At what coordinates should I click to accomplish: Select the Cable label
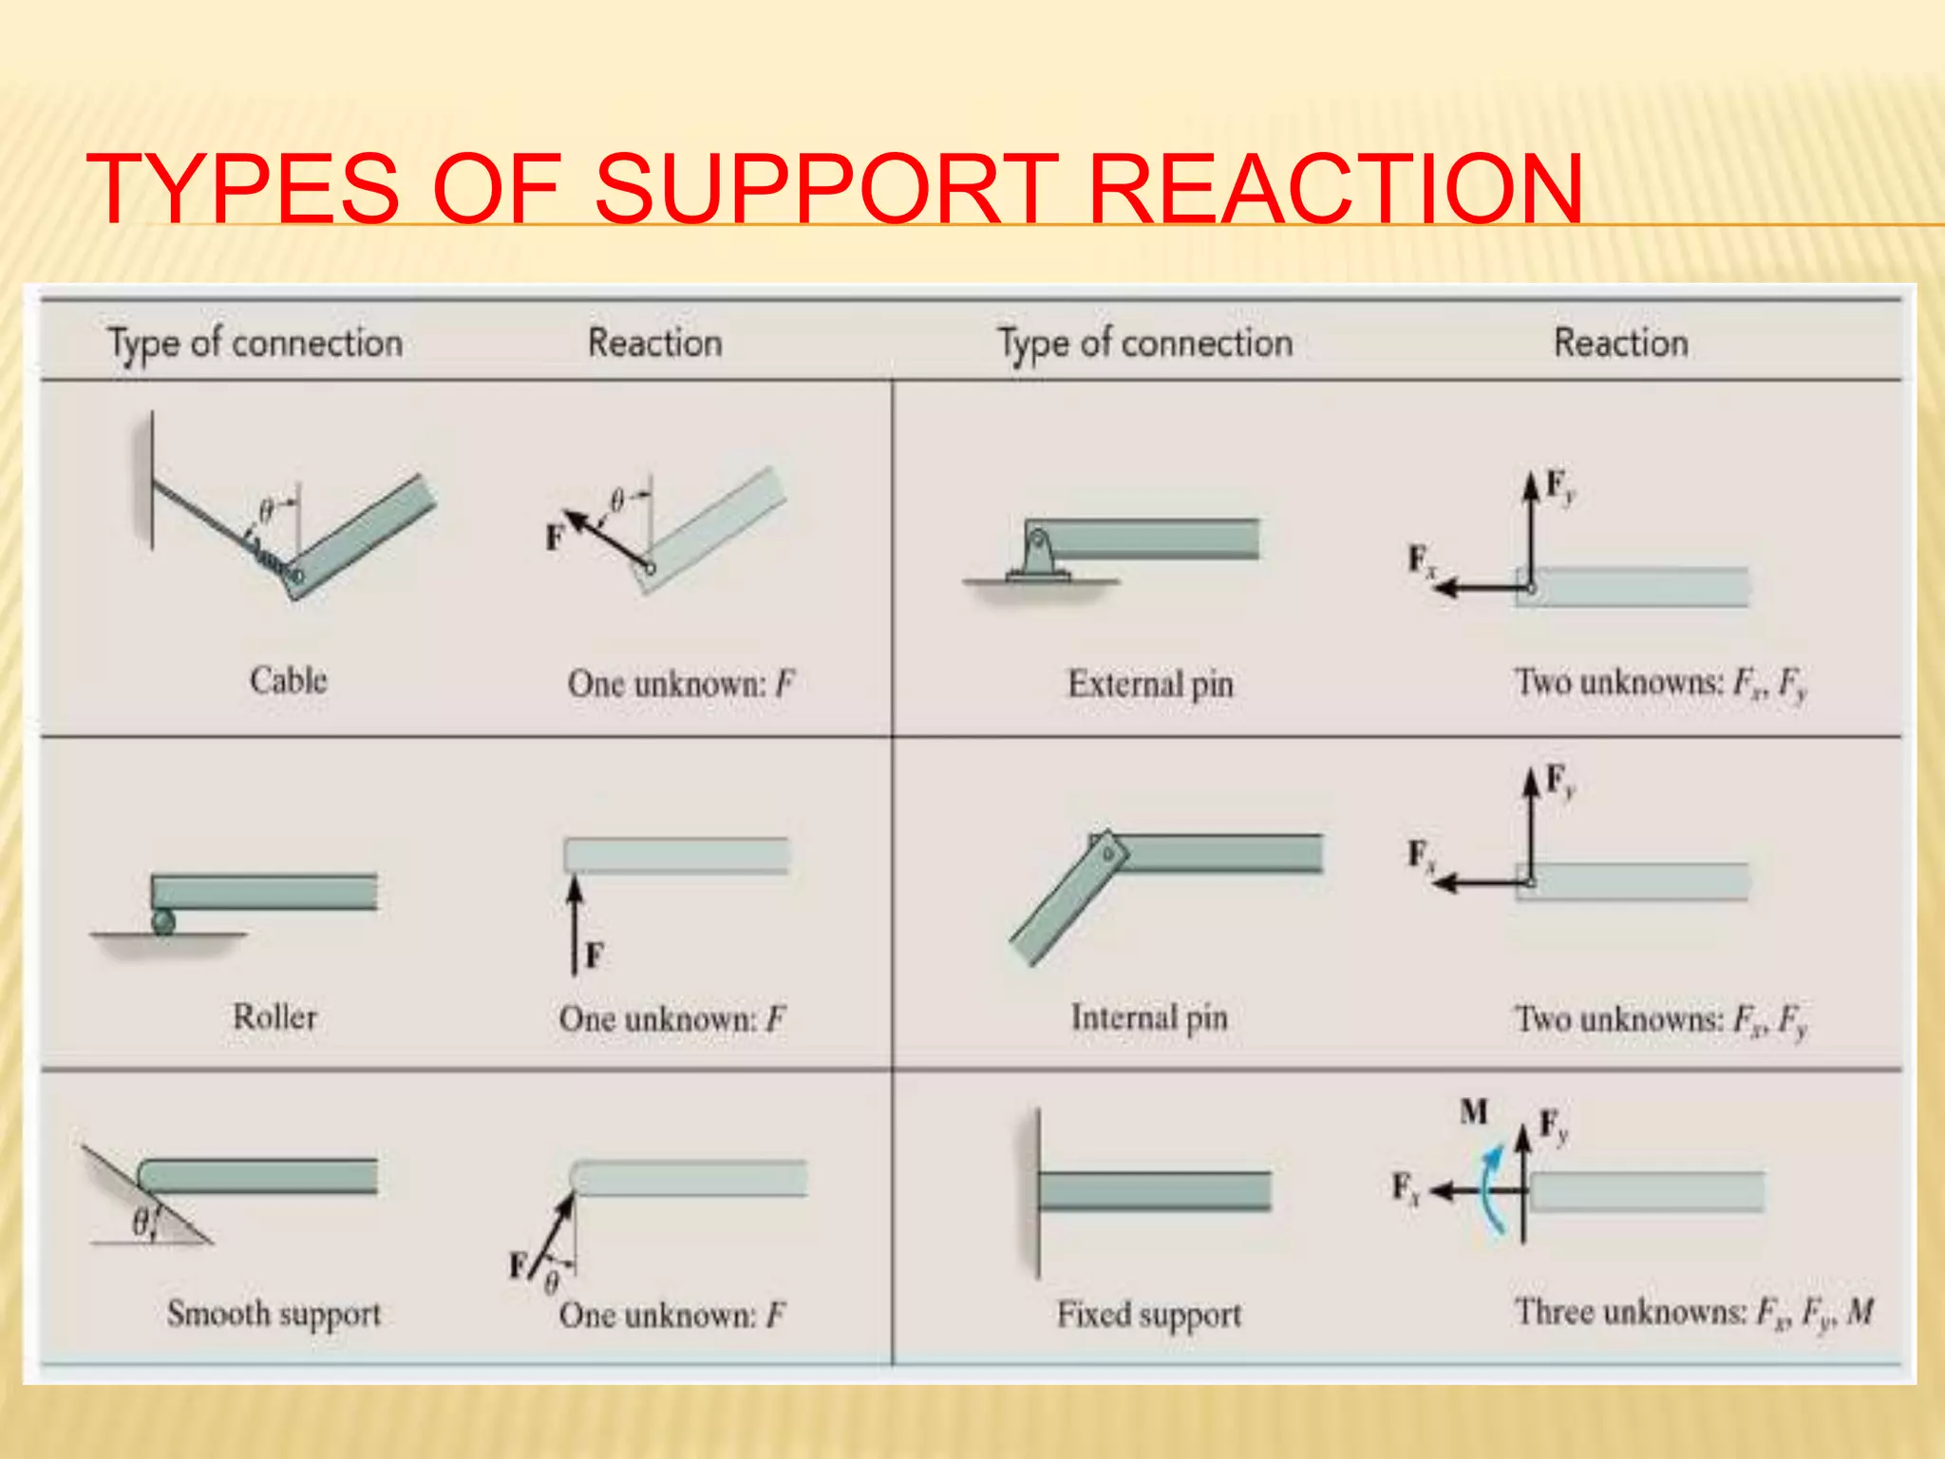pos(288,680)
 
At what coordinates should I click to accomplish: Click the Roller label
pos(274,1017)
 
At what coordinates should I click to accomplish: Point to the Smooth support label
pos(274,1314)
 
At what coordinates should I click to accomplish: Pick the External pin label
pos(1150,684)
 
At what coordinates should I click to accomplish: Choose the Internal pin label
pos(1149,1017)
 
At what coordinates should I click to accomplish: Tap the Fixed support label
pos(1149,1315)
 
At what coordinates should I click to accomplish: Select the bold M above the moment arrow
pos(1474,1110)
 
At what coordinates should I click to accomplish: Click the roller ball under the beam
pos(163,921)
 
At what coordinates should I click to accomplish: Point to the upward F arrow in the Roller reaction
pos(575,926)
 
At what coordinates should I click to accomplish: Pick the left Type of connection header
pos(255,343)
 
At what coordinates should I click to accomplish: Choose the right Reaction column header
pos(1620,343)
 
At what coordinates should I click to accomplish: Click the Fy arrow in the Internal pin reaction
pos(1531,826)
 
